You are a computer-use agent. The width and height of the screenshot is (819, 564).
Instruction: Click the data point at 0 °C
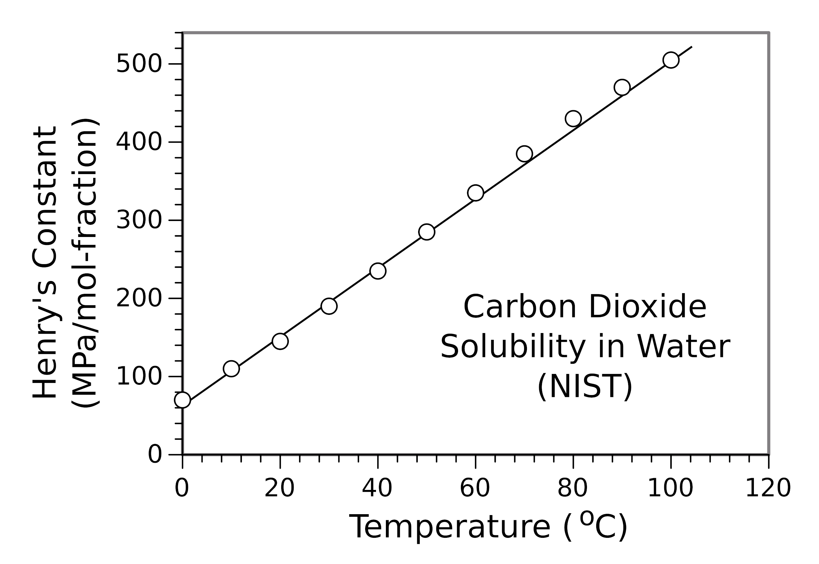(x=182, y=400)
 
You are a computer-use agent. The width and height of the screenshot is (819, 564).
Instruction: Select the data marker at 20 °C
(x=280, y=341)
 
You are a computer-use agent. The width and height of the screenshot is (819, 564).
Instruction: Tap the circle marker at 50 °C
(x=427, y=232)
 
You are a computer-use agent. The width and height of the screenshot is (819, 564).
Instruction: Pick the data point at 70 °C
(x=524, y=154)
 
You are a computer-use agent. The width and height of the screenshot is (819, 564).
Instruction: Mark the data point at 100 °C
(x=671, y=60)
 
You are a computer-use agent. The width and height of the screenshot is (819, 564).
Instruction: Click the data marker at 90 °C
(x=622, y=87)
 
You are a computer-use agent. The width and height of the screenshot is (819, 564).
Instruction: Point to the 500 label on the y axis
(x=139, y=64)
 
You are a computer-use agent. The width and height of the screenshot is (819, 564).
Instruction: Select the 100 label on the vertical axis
(x=139, y=377)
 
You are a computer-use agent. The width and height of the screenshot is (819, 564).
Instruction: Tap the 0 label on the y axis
(x=155, y=455)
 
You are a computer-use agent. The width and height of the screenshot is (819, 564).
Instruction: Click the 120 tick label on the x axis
(x=768, y=489)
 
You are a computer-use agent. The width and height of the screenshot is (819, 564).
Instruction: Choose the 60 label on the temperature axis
(x=475, y=489)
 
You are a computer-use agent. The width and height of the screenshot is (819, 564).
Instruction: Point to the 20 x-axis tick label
(x=279, y=489)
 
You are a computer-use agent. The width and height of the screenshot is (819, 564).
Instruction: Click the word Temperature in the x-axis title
(x=449, y=528)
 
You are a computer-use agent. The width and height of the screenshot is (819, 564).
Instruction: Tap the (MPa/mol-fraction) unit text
(x=85, y=263)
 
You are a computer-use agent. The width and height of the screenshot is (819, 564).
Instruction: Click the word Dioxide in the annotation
(x=647, y=308)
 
